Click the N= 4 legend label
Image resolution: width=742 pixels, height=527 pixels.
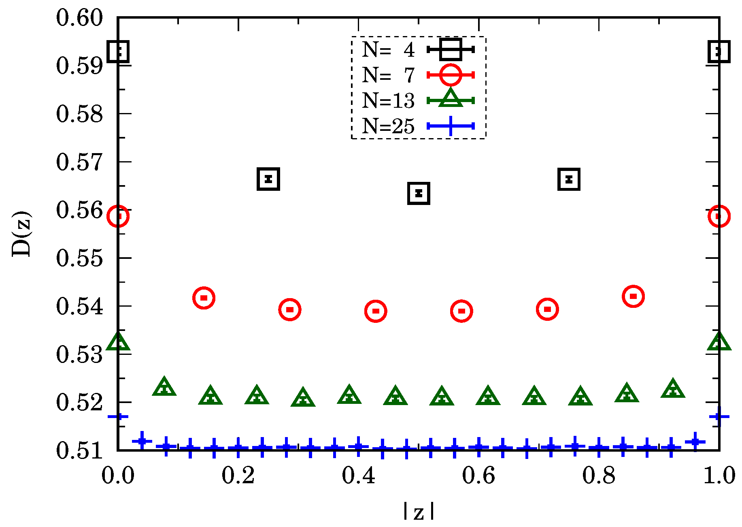pos(388,50)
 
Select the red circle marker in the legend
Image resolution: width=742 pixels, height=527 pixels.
pos(450,75)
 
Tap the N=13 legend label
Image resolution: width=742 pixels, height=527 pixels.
pos(388,100)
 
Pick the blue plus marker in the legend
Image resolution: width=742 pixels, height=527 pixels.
pos(450,126)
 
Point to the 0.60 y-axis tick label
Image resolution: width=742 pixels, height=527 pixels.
pos(79,18)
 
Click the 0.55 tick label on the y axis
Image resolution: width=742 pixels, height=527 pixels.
pos(79,258)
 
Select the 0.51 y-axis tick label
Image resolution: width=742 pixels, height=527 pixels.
pos(79,450)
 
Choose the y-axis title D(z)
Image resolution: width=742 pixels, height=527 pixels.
pos(21,234)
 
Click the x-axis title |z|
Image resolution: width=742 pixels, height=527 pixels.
pos(419,512)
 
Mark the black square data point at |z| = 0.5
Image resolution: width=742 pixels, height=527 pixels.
pos(419,193)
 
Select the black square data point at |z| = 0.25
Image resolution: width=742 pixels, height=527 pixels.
pos(268,179)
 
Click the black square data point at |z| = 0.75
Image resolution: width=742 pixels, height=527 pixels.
pos(569,179)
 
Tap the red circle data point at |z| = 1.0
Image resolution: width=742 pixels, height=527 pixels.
pos(719,216)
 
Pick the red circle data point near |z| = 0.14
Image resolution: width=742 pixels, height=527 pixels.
pos(204,298)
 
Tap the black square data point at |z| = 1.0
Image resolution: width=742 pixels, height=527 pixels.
pos(719,51)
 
